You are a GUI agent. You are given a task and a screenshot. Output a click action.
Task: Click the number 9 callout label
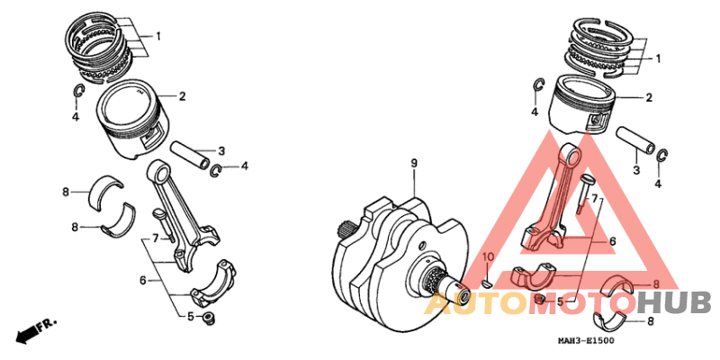[x=414, y=163]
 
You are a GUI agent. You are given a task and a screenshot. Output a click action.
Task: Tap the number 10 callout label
[x=487, y=258]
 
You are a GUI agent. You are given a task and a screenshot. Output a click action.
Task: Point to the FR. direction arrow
[x=37, y=328]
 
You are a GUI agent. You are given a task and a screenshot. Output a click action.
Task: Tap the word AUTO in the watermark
[x=469, y=304]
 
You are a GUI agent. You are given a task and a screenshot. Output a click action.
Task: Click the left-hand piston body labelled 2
[x=134, y=121]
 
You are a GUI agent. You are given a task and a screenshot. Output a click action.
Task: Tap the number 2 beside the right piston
[x=649, y=97]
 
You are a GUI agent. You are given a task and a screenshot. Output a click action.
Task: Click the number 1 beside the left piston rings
[x=157, y=37]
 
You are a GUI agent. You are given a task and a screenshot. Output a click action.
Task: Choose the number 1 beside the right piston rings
[x=658, y=58]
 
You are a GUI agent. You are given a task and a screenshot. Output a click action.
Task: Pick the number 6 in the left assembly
[x=142, y=281]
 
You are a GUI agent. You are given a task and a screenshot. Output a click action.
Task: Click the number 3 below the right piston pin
[x=635, y=170]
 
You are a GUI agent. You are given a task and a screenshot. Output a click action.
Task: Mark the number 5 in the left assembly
[x=191, y=316]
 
